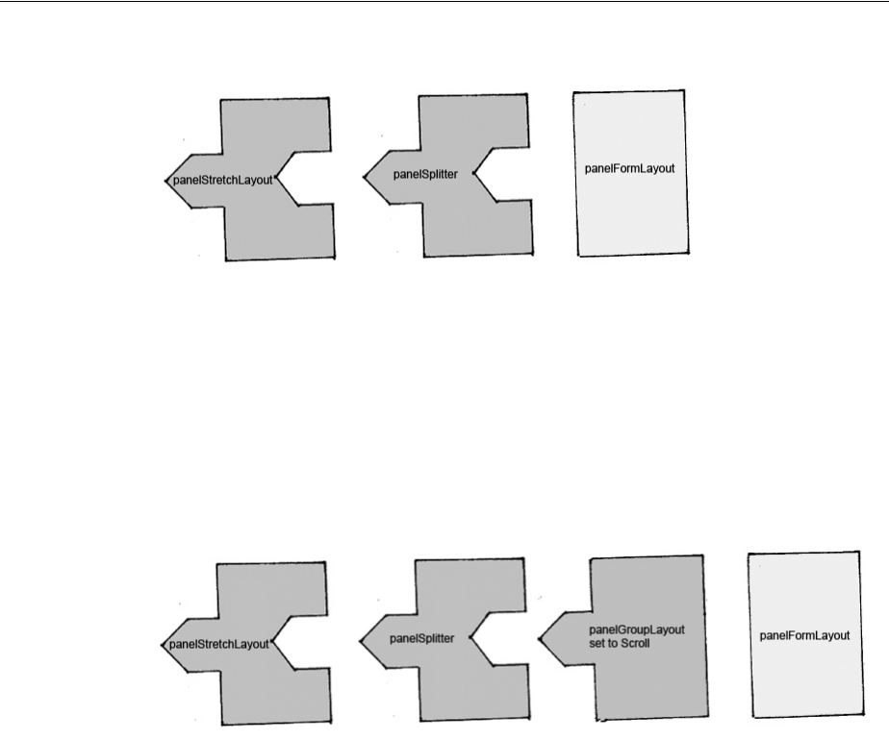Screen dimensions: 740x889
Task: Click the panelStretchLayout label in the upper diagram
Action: (222, 180)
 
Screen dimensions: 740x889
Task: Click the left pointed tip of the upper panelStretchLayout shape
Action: (165, 180)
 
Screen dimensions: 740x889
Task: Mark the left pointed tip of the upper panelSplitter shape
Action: (365, 176)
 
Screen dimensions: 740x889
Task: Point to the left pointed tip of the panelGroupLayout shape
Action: (540, 634)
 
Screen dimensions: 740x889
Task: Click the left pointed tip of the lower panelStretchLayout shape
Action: (161, 644)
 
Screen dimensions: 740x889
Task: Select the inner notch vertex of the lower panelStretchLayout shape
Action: (274, 643)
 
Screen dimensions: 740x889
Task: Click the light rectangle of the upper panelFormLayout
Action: (629, 211)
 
